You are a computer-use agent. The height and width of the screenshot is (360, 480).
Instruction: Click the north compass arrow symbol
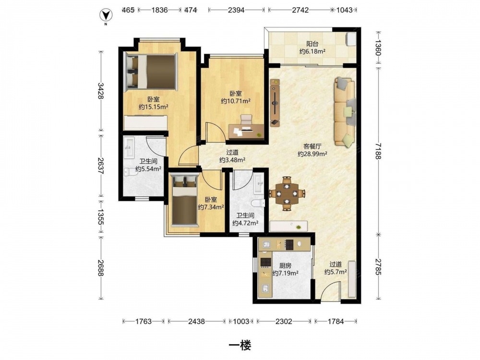click(x=106, y=15)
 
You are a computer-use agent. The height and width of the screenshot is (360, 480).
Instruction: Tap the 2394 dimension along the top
click(x=236, y=10)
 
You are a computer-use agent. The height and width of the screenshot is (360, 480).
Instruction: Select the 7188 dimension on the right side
click(x=378, y=151)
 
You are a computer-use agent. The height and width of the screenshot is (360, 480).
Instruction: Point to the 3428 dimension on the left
click(x=100, y=91)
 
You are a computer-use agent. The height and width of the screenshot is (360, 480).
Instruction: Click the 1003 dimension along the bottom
click(x=241, y=322)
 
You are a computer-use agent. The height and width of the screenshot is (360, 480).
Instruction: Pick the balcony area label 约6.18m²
click(x=312, y=51)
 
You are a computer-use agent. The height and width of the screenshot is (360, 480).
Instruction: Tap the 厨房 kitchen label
click(x=285, y=266)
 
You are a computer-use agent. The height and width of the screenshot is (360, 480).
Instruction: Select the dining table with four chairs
click(x=287, y=193)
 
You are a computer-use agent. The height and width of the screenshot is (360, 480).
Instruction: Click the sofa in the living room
click(x=346, y=111)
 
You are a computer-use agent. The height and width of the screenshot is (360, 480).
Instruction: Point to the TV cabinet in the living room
click(x=275, y=103)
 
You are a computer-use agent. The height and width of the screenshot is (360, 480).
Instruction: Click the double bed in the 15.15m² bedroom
click(x=151, y=72)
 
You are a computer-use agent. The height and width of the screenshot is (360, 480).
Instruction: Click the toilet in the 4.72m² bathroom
click(x=258, y=203)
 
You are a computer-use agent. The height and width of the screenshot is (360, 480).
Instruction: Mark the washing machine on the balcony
click(x=351, y=39)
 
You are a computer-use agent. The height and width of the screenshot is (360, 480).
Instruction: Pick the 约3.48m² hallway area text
click(x=232, y=160)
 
